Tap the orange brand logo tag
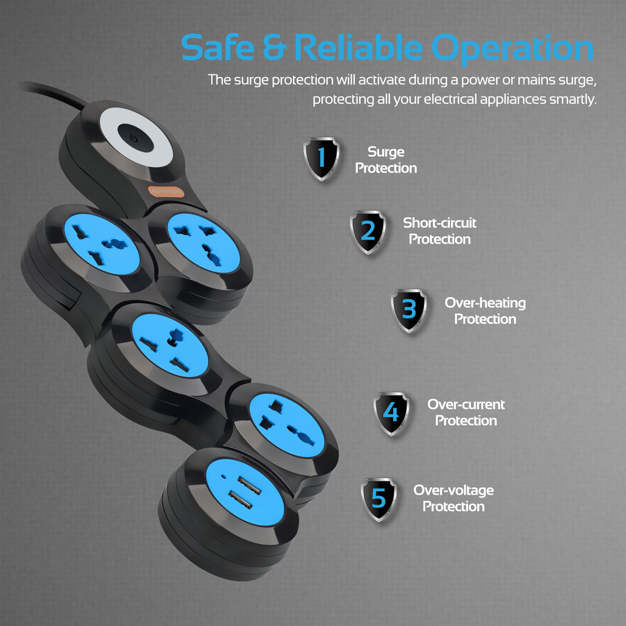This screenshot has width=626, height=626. click(x=166, y=192)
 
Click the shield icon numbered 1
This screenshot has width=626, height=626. click(x=321, y=159)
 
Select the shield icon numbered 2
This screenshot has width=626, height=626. click(x=368, y=232)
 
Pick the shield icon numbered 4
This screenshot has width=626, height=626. click(x=391, y=413)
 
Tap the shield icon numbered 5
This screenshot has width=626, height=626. click(x=379, y=499)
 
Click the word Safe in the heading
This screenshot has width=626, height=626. click(x=217, y=48)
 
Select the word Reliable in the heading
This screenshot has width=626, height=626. click(x=358, y=48)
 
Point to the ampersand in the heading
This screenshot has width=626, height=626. click(x=274, y=48)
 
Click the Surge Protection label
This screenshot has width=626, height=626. click(x=386, y=160)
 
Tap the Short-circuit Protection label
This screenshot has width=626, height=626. click(x=440, y=231)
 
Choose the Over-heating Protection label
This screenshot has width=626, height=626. click(x=485, y=310)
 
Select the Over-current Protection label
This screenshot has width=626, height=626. click(x=466, y=412)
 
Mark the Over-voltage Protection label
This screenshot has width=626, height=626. click(x=453, y=498)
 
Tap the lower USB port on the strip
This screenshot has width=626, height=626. click(x=240, y=502)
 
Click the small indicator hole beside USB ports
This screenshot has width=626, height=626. click(x=224, y=476)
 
